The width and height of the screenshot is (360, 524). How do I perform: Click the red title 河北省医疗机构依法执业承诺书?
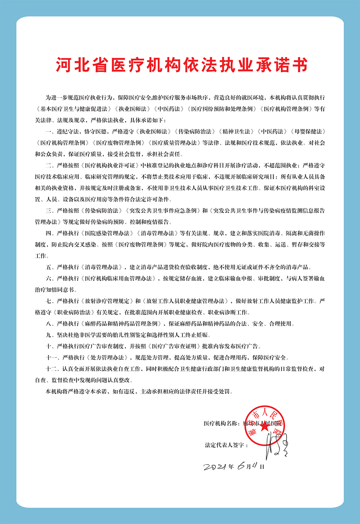pos(181,66)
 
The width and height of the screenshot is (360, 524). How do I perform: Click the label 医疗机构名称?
pos(220,424)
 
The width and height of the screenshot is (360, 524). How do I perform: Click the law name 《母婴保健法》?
pos(308,131)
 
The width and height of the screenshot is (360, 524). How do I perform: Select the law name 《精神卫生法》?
pos(236,131)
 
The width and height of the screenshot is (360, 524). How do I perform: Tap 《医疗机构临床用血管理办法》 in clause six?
pos(119,278)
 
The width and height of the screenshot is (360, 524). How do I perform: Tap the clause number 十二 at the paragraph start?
pos(51,369)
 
